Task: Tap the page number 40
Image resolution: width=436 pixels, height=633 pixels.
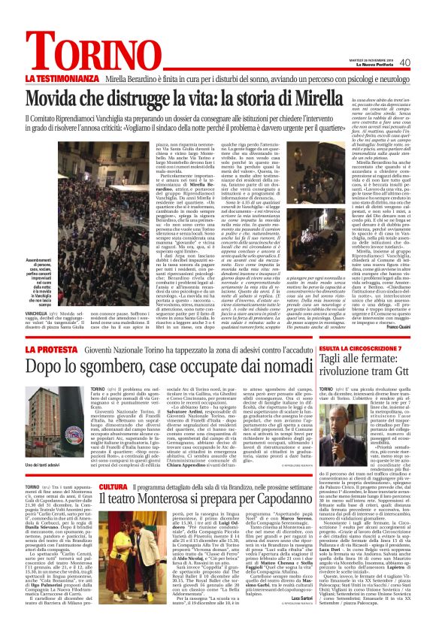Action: point(404,62)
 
